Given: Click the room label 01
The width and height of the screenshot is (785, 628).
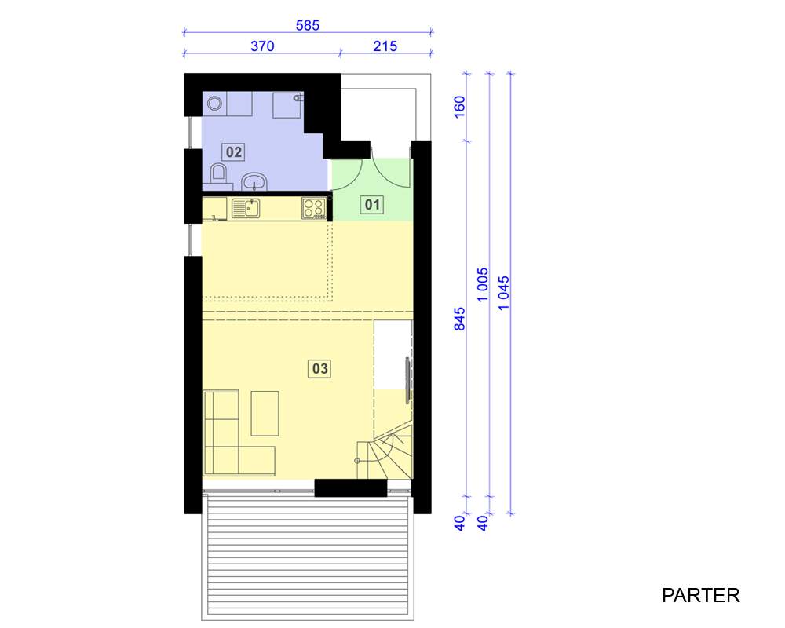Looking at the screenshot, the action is coord(372,204).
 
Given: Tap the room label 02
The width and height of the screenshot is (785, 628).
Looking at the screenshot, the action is coord(233,152).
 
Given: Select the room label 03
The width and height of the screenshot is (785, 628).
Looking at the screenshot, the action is coord(319,369).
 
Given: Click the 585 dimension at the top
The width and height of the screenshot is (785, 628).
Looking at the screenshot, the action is coord(308,25).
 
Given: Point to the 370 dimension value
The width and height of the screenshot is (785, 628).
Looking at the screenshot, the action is coord(262,46).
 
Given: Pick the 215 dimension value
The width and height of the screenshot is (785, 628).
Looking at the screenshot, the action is coord(385,46).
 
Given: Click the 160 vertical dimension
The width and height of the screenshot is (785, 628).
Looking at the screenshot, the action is coord(459,107).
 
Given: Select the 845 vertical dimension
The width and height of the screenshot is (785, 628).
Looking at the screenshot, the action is coord(459,319).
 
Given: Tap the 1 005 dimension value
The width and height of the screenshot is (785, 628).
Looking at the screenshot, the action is coord(482,285).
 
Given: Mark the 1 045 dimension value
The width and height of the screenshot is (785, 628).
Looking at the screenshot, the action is coord(504,293).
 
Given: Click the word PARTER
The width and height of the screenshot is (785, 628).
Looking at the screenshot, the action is coord(700,596).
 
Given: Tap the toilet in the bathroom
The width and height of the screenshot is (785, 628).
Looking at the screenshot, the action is coord(218,173).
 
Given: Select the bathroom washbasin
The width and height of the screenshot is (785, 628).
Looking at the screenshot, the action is coord(254,181).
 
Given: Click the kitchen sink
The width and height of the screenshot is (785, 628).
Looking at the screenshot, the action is coord(246,208).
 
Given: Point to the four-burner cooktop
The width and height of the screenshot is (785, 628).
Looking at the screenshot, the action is coord(314,208).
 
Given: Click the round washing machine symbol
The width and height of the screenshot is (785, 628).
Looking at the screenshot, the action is coord(215,104).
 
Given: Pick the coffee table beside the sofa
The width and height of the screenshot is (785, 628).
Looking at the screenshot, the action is coord(265,414).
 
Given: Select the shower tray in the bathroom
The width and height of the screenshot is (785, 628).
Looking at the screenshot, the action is coord(287,104).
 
